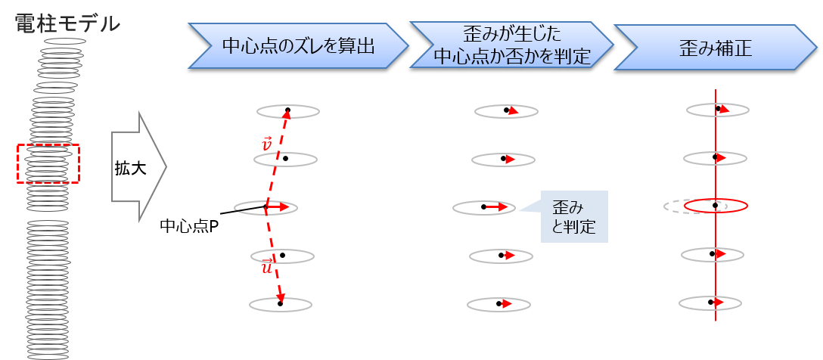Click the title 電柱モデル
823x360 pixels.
[x=67, y=23]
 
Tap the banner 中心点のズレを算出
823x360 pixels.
[x=297, y=46]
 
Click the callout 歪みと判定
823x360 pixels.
[x=574, y=216]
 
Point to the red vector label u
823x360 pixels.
[x=266, y=267]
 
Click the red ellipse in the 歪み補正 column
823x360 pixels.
[x=716, y=206]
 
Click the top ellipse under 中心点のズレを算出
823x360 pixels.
[x=288, y=111]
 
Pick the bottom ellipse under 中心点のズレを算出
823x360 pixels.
[x=281, y=304]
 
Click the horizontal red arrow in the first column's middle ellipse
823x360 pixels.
[x=278, y=206]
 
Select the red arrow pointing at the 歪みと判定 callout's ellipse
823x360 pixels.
[x=497, y=206]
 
